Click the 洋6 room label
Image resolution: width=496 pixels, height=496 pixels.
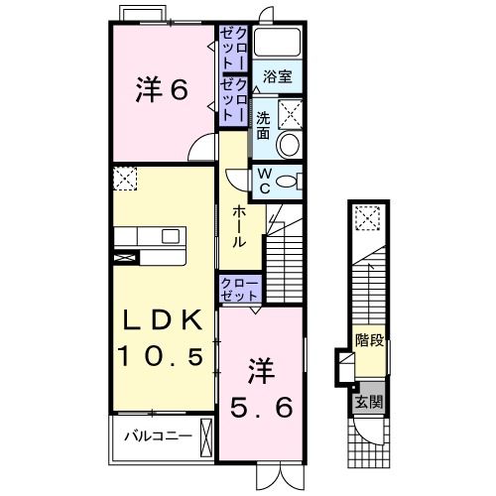coord(162,89)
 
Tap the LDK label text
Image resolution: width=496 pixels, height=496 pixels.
coord(163,319)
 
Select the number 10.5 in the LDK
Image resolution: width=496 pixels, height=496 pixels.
coord(162,355)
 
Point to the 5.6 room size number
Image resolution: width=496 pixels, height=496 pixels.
coord(261,407)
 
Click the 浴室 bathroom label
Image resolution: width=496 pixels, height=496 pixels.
coord(278,76)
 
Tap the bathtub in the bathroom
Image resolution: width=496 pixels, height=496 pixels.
coord(277,42)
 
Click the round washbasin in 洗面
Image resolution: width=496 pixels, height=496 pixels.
coord(290,145)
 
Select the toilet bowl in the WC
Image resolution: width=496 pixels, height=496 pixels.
coord(287,183)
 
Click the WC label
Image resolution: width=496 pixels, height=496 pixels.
coord(264,182)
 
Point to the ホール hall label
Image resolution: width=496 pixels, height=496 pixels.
coord(239,227)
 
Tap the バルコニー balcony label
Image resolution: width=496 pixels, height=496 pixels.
coord(158,436)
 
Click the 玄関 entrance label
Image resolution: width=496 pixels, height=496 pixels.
coord(369,403)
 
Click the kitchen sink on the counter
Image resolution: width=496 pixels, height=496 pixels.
coord(171,236)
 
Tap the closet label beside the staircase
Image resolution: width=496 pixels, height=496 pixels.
coord(239,290)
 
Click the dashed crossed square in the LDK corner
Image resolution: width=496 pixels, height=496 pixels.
coord(125,179)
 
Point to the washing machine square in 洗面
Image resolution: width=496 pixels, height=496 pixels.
coord(290,114)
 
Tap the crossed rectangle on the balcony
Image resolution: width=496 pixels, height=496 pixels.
coord(205,437)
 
